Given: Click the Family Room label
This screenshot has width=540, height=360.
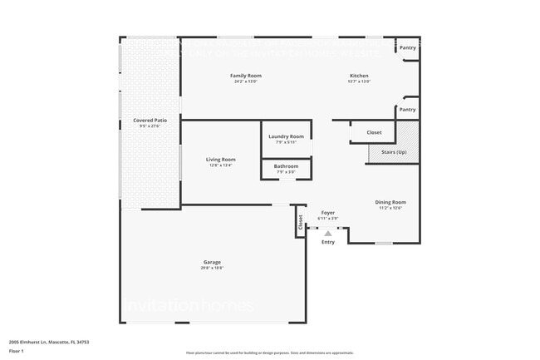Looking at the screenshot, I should coord(245,76).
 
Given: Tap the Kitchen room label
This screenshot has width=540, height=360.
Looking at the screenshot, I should coord(359,76).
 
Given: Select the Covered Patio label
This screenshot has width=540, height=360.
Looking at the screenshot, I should coord(150,121).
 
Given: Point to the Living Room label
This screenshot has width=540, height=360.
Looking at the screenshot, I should coord(221,159).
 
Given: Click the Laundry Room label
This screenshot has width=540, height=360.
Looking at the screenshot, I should coord(286,136).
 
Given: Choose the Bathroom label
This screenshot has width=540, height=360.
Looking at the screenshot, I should coord(286,166).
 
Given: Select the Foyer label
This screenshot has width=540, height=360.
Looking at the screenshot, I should coord(328,213).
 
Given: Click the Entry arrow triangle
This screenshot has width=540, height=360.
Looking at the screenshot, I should coord(328,234).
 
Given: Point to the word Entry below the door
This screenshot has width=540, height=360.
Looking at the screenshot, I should coord(328,242).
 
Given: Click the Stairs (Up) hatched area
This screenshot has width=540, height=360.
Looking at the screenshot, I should coord(394,144).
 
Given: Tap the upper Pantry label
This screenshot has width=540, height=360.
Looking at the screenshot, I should coord(407,47).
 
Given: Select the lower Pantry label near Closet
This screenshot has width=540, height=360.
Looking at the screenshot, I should coord(407,109).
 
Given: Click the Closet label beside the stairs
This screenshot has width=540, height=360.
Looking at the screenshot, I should coord(374,132).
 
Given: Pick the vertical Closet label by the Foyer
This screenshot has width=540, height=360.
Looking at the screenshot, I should coord(301,222).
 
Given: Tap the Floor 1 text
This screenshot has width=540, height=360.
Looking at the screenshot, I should coord(17,349).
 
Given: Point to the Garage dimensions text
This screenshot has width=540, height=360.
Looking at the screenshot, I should coord(212,268).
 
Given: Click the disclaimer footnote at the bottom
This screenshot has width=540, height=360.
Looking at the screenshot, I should coord(269,353).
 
